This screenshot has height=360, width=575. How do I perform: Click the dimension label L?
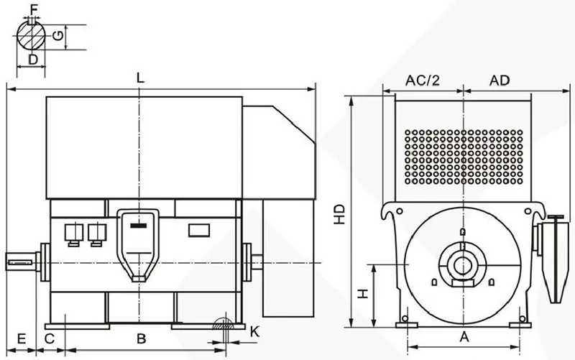pos(140,78)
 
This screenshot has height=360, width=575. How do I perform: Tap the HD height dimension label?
pos(339,214)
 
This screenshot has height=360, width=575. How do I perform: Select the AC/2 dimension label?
pos(422,80)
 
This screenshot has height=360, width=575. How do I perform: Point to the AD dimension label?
pos(500,80)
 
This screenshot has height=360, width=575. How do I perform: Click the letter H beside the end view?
pos(363,294)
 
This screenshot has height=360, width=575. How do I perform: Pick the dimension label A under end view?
pos(464,336)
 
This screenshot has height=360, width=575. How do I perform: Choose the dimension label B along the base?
pos(142,338)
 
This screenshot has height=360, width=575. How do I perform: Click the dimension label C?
pos(50,338)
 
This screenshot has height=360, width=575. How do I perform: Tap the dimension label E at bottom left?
pos(22,338)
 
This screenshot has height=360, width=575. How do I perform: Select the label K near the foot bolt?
pos(254,332)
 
